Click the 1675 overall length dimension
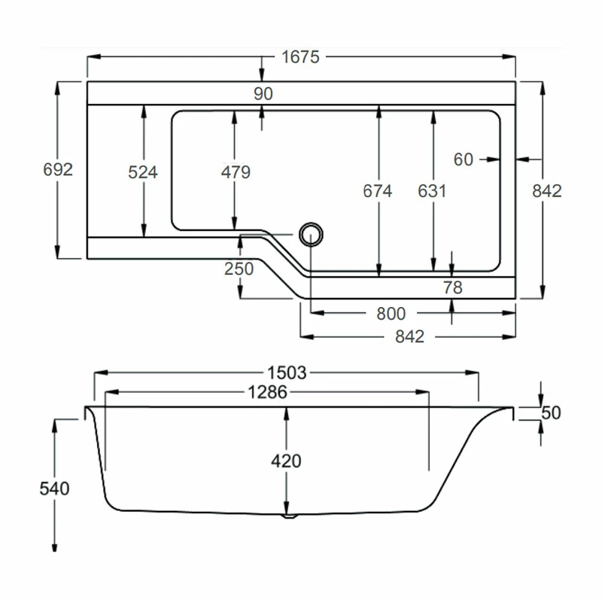[301, 56]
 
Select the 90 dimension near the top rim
[263, 93]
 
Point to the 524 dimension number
[143, 172]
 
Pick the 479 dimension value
[236, 172]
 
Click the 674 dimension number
[378, 191]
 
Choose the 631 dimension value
[433, 191]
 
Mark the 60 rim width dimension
[464, 159]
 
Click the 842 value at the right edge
[547, 191]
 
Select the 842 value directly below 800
[409, 336]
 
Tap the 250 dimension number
[239, 268]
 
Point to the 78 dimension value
[452, 287]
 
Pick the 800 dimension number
[391, 313]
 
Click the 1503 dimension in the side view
[286, 372]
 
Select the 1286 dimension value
[268, 391]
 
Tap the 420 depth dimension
[286, 461]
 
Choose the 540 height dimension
[54, 488]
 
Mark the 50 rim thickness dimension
[552, 412]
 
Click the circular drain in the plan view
[310, 234]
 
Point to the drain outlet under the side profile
[289, 516]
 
